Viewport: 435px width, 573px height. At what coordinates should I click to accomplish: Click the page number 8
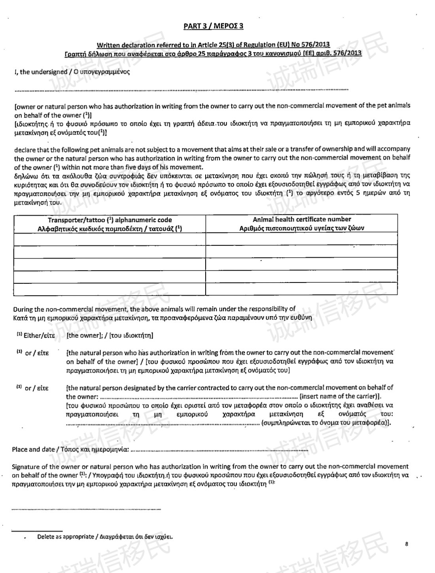tap(407, 544)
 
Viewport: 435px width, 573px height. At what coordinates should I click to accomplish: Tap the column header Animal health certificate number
tap(302, 219)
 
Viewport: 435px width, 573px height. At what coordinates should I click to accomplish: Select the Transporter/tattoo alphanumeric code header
tap(110, 220)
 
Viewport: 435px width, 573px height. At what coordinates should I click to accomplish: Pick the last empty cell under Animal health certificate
tap(302, 289)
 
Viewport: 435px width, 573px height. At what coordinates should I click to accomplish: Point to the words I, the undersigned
tap(36, 72)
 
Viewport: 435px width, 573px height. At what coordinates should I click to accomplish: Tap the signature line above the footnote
tap(55, 509)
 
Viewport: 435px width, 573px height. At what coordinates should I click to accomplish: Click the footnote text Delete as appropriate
tap(66, 537)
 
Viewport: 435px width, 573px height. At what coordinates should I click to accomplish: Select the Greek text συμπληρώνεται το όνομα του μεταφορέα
tap(324, 423)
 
